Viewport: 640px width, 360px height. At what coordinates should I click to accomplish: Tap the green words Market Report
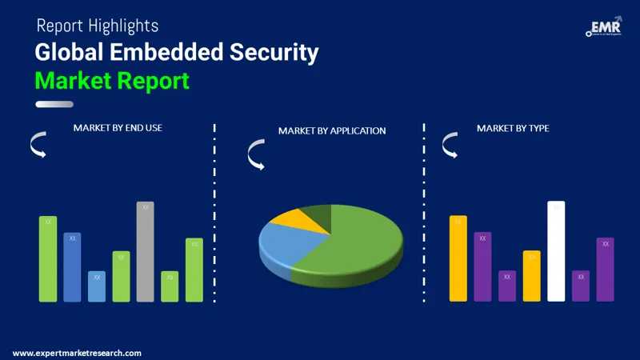coord(112,80)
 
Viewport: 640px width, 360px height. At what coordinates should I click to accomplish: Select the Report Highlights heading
coord(98,26)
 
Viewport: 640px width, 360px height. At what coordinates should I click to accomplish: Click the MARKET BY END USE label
coord(118,127)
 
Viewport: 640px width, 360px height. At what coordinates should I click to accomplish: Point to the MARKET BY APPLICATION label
coord(332,130)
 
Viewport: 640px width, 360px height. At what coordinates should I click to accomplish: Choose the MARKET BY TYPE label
coord(513,128)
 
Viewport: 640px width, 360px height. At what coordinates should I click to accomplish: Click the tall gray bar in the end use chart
coord(145,251)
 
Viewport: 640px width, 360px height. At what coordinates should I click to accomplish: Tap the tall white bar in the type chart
coord(556,251)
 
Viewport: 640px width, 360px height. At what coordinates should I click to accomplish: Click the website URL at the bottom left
coord(78,353)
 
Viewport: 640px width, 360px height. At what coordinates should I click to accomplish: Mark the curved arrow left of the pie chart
coord(256,154)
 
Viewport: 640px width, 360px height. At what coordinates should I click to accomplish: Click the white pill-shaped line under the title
coord(54,103)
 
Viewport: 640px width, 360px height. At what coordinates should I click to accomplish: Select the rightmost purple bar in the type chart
coord(605,269)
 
